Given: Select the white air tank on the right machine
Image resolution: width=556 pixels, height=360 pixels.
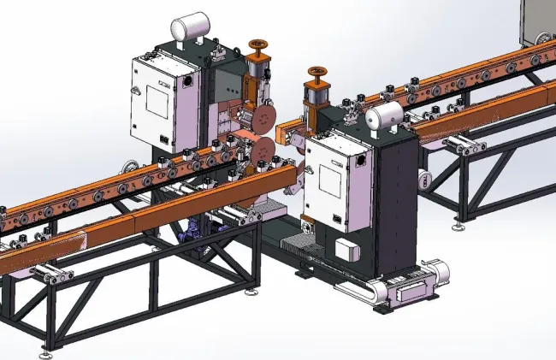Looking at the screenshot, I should pos(385,117).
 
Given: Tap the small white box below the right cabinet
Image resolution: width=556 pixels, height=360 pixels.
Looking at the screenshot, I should pos(346,249).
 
